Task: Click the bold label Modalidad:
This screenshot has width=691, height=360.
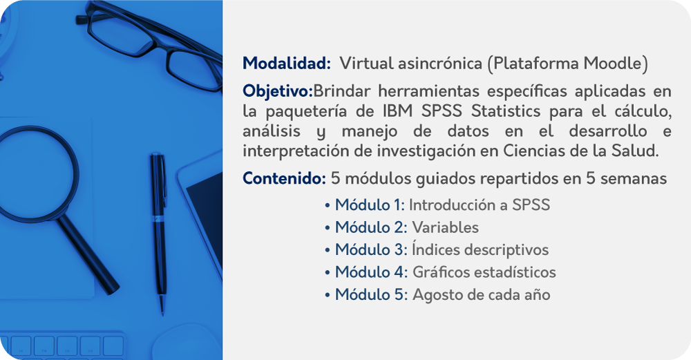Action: click(x=287, y=63)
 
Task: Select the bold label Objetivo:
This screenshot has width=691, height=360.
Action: click(x=278, y=91)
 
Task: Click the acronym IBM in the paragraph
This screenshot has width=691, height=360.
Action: click(x=397, y=111)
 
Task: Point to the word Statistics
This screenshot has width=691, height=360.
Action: click(x=506, y=111)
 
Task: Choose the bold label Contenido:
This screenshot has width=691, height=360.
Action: click(x=284, y=178)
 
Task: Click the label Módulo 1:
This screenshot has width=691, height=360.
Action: click(x=370, y=205)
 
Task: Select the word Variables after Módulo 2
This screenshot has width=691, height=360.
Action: click(x=445, y=227)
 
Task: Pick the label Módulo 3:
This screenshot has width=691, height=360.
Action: click(x=371, y=249)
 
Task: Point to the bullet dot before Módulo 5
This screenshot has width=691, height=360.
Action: click(x=327, y=295)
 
